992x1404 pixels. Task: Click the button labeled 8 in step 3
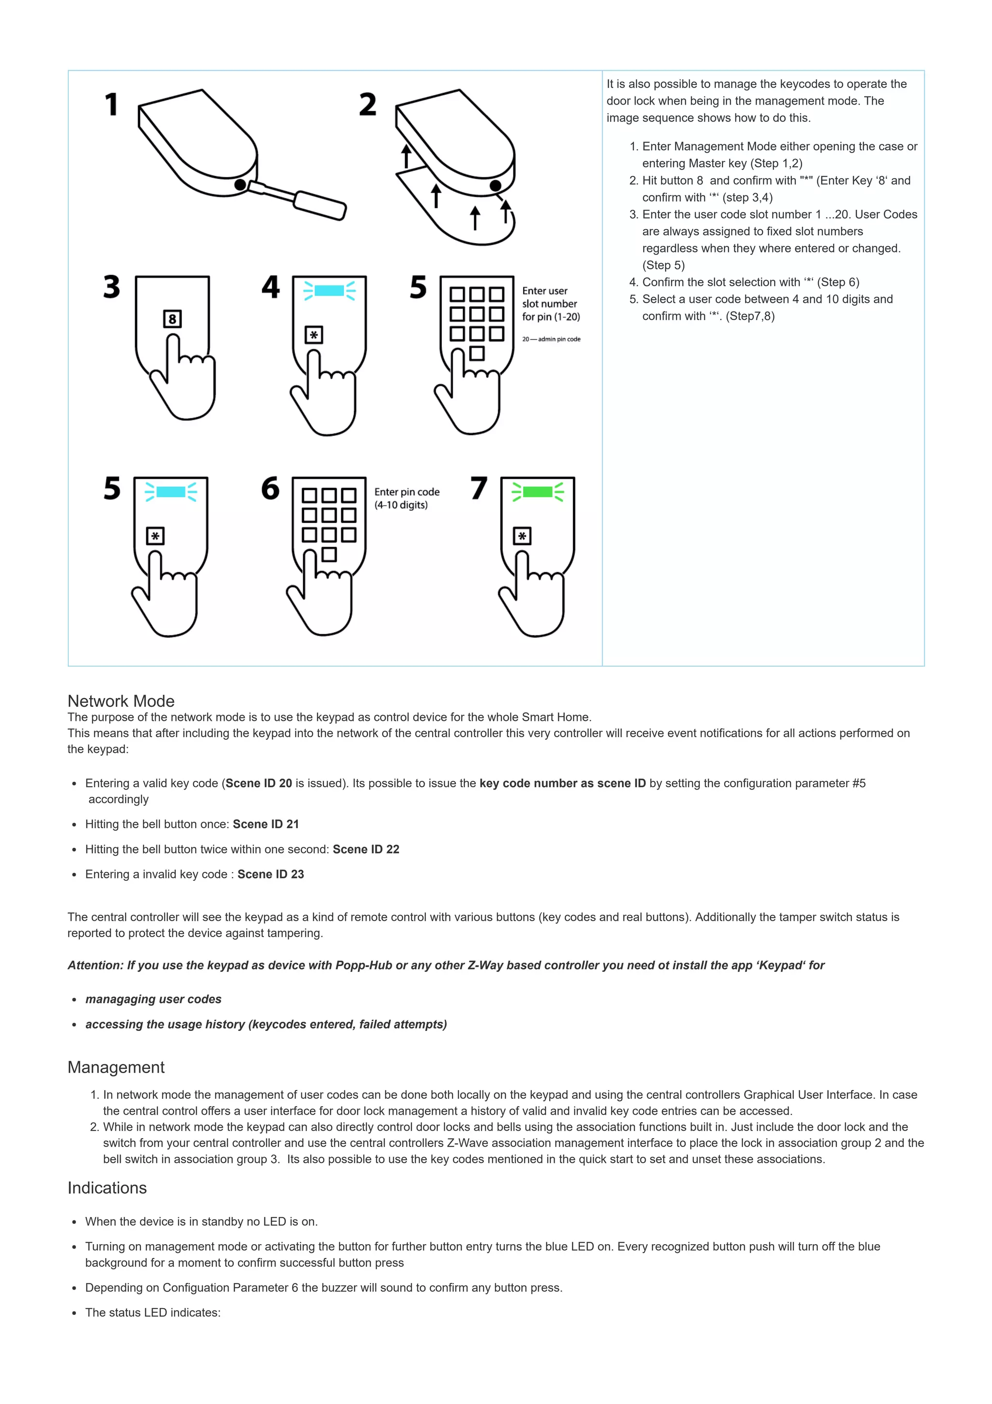[x=172, y=319]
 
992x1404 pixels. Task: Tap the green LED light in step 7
[x=537, y=492]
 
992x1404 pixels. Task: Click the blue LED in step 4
[x=329, y=291]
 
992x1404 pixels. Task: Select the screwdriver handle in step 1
[x=320, y=205]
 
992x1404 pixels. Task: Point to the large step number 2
[x=367, y=105]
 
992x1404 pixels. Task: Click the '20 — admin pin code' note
[x=551, y=339]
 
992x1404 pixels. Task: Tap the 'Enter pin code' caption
[x=406, y=492]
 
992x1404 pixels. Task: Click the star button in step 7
[x=522, y=536]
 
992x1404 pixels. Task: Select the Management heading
[x=116, y=1067]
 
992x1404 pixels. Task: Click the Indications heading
[x=107, y=1187]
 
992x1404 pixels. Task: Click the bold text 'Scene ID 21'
[x=266, y=824]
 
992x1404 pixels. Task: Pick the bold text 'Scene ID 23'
[x=271, y=874]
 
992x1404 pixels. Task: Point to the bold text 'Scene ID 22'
[x=366, y=849]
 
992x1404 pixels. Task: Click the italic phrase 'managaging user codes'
[x=154, y=999]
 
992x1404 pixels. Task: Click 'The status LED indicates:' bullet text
[x=153, y=1312]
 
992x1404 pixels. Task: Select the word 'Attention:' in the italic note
[x=95, y=966]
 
